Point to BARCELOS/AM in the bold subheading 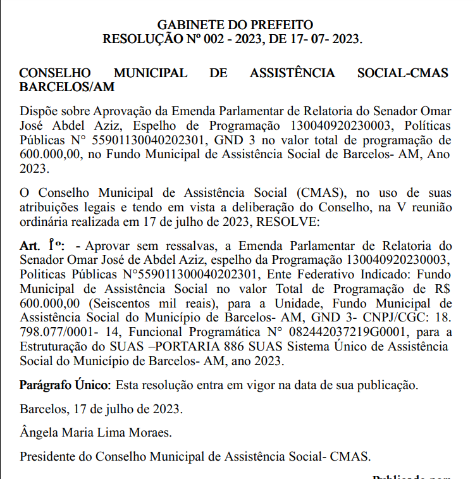click(x=67, y=87)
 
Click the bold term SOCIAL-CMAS click(x=402, y=73)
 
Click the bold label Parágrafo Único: click(x=65, y=385)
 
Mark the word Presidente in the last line click(x=46, y=456)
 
